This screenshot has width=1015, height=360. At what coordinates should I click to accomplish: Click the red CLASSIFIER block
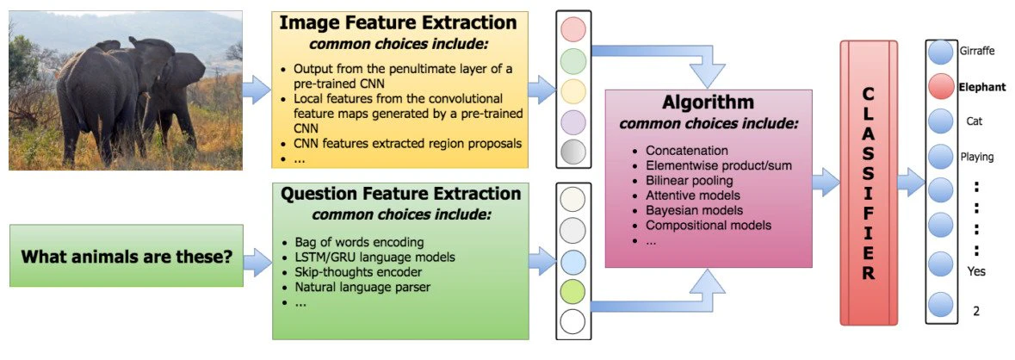[869, 183]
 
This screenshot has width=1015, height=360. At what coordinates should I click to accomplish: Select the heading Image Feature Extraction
[399, 23]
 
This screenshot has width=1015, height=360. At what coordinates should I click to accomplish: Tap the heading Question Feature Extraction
[399, 195]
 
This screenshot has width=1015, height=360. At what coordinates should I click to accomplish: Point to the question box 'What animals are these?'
[126, 256]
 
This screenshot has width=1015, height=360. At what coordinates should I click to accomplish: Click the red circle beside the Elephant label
[940, 86]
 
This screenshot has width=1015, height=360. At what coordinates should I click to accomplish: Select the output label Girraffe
[977, 51]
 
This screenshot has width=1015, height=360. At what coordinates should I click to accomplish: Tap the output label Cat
[975, 121]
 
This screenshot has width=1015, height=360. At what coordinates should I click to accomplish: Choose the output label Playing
[977, 157]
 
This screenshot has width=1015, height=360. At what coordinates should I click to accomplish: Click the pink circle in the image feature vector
[572, 30]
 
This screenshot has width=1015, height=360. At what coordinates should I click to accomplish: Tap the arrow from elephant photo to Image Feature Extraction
[257, 88]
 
